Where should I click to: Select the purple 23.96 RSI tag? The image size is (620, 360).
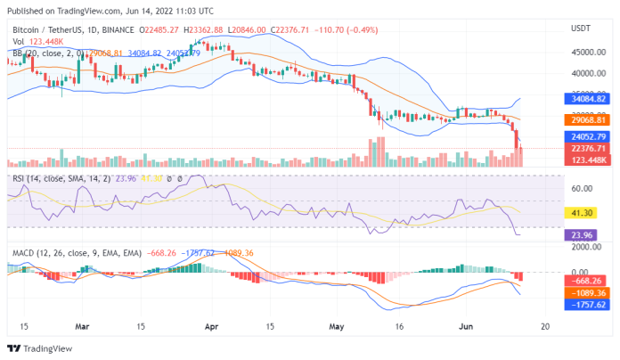[x=580, y=235]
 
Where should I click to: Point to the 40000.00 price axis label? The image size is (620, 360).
[x=584, y=73]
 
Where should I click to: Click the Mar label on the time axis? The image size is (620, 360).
[x=83, y=326]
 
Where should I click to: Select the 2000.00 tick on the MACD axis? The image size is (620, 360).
[x=583, y=247]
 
